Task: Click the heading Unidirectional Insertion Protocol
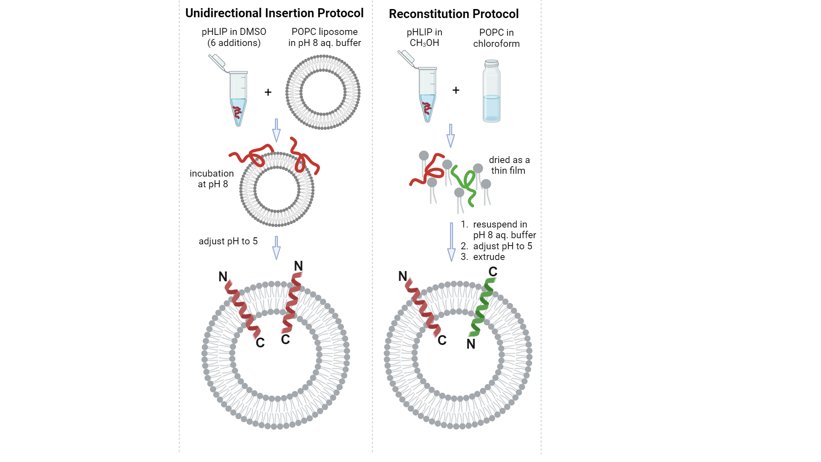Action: pos(274,13)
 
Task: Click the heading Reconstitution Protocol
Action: pos(454,14)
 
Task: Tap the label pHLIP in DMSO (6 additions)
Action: pos(234,37)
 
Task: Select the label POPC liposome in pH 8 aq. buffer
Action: pos(324,37)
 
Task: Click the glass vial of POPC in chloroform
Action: pos(491,92)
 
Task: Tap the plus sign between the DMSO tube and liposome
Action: pos(268,92)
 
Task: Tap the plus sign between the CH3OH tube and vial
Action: pos(456,90)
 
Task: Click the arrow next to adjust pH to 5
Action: pos(276,248)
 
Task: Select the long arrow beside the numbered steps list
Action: pos(451,242)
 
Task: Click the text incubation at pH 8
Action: pos(212,179)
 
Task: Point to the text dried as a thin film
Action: pos(509,165)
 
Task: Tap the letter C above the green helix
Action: pos(493,272)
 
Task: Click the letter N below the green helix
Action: pos(471,344)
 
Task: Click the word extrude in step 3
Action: pos(489,257)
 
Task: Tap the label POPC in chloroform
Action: pos(496,38)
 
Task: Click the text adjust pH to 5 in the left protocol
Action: pos(228,241)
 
